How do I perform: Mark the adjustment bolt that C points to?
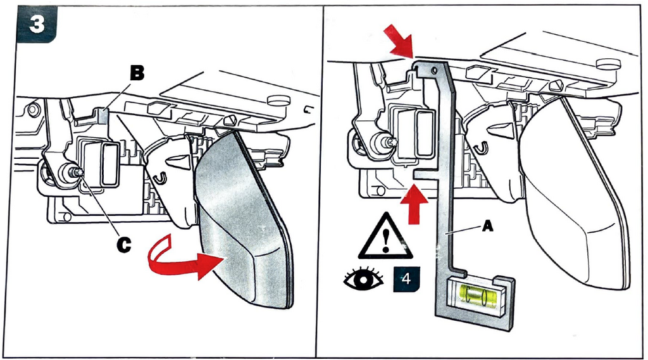point(72,172)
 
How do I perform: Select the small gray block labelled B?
point(104,115)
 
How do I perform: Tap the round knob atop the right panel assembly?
point(607,63)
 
